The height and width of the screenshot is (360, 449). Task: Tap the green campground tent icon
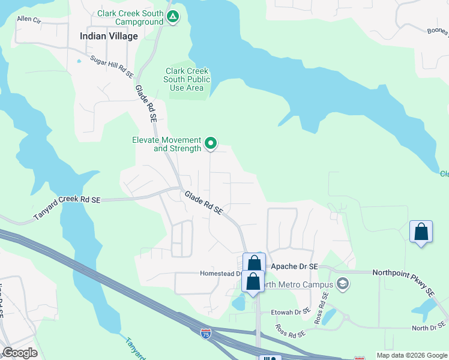point(173,17)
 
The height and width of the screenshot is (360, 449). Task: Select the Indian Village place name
point(109,36)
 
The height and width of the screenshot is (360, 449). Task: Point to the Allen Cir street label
point(29,19)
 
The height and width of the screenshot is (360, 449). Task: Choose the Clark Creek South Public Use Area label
point(188,79)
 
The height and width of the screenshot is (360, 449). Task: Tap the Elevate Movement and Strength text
point(166,144)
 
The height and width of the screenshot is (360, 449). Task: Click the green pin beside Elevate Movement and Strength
point(211,143)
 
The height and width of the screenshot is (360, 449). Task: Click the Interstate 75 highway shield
point(206,332)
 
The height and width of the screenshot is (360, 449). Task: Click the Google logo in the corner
point(20,353)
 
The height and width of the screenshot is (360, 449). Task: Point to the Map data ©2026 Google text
point(411,355)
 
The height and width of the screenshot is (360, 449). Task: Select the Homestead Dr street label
point(220,274)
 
